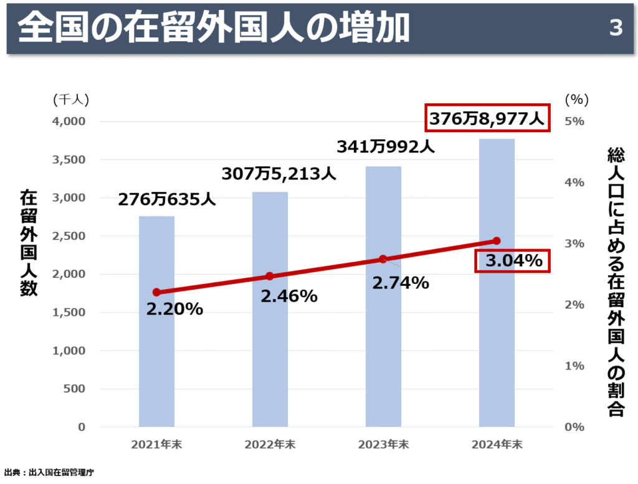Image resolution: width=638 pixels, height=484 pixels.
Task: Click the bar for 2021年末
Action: tap(156, 349)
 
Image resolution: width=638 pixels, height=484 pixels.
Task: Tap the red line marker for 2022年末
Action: tap(270, 276)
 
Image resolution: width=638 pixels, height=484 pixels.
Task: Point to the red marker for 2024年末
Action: tap(497, 240)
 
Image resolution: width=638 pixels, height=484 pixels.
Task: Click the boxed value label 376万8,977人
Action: tap(488, 117)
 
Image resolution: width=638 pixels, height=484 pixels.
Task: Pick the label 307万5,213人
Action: tap(280, 173)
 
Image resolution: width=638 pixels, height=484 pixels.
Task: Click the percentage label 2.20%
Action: tap(174, 308)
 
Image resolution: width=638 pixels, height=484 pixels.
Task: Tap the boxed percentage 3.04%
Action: tap(513, 260)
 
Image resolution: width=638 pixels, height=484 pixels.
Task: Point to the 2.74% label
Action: tap(401, 283)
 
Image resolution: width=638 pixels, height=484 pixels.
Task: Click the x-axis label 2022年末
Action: tap(270, 445)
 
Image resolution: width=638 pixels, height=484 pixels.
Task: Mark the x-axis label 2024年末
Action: tap(497, 445)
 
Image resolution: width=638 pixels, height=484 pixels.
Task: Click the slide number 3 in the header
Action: tap(616, 29)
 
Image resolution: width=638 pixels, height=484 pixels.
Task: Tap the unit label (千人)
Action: tap(71, 98)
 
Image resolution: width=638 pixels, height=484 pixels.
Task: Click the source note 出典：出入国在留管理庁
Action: tap(49, 473)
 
